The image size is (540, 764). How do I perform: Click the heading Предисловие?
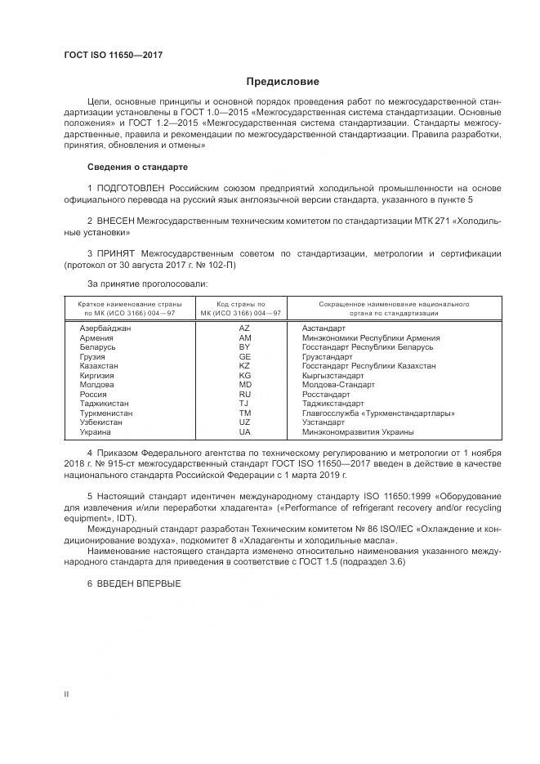283,82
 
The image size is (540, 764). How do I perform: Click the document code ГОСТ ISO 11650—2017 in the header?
113,54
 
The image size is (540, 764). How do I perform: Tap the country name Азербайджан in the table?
105,328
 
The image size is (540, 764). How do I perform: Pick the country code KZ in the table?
244,366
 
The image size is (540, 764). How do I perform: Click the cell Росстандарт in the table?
327,394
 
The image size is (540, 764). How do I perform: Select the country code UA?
244,431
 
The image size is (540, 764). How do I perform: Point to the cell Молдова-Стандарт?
338,384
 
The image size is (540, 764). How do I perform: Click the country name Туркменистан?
106,413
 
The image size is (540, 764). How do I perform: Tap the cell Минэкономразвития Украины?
358,431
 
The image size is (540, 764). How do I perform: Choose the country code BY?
244,346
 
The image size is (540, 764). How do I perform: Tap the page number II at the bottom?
67,694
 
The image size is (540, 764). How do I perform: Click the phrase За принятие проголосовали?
147,283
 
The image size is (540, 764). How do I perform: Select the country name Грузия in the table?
92,356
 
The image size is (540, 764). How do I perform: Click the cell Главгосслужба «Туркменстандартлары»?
378,413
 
